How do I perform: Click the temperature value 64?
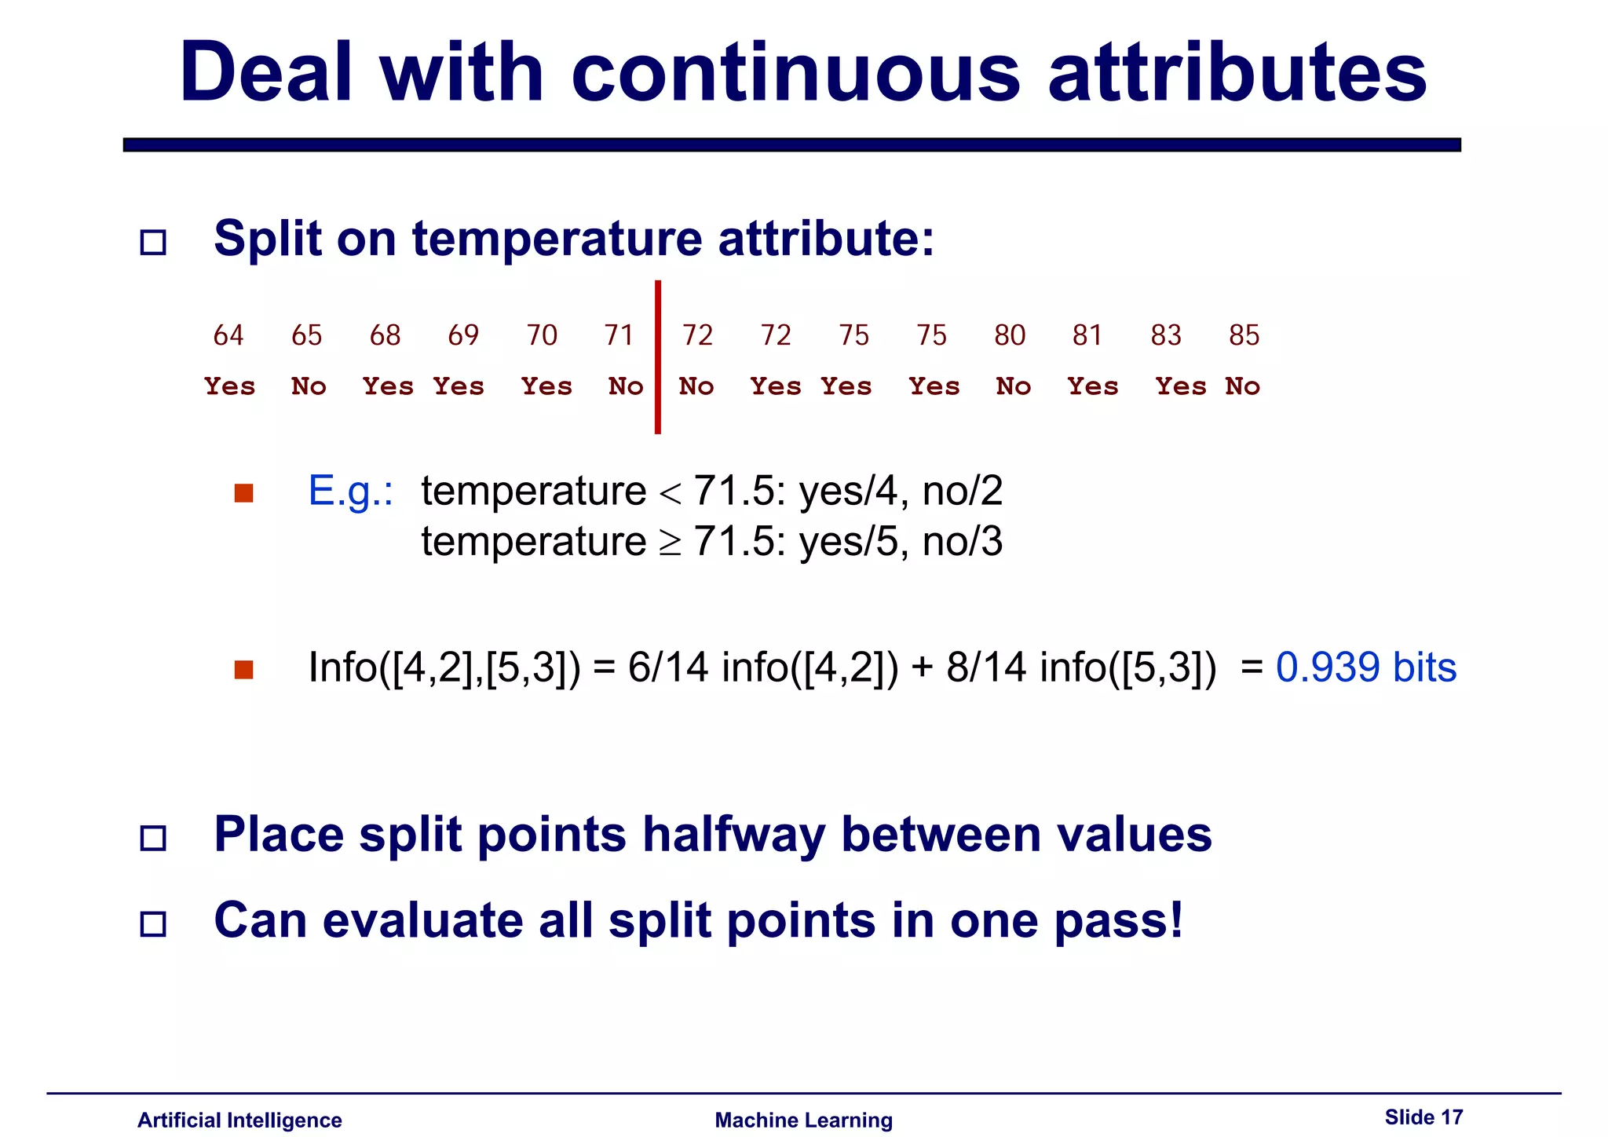pyautogui.click(x=228, y=335)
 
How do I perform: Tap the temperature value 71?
pyautogui.click(x=619, y=335)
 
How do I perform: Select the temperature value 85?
pyautogui.click(x=1244, y=335)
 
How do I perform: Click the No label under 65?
pyautogui.click(x=309, y=386)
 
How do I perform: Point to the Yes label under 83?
pyautogui.click(x=1180, y=386)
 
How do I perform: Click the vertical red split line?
pyautogui.click(x=658, y=357)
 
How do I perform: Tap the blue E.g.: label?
pyautogui.click(x=351, y=492)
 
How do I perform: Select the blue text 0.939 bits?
pyautogui.click(x=1365, y=667)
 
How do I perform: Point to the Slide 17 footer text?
pyautogui.click(x=1423, y=1117)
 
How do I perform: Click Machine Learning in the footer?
pyautogui.click(x=803, y=1121)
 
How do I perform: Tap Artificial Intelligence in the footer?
pyautogui.click(x=239, y=1121)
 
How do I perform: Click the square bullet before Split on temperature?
pyautogui.click(x=153, y=242)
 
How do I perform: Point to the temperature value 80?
pyautogui.click(x=1010, y=335)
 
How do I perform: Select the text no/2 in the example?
pyautogui.click(x=963, y=492)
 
